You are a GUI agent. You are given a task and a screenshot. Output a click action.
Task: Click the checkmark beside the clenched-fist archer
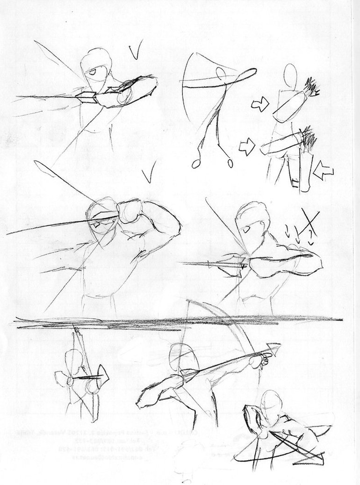[x=149, y=176]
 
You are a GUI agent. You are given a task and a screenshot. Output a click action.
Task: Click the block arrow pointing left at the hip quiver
[x=323, y=171]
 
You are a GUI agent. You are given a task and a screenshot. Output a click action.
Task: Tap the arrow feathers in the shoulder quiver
[x=310, y=87]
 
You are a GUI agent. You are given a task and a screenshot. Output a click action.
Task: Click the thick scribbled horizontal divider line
[x=178, y=322]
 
